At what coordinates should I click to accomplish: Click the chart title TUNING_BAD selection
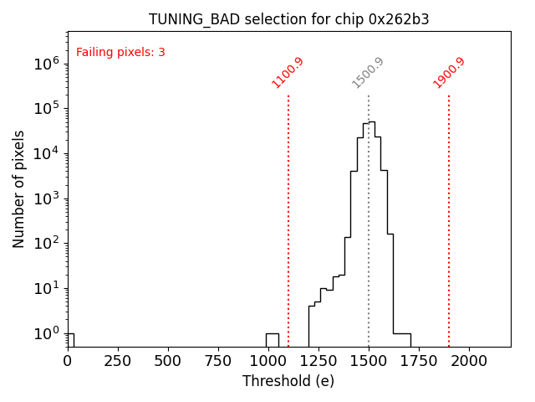click(x=288, y=19)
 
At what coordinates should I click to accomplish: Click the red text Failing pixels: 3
click(x=120, y=53)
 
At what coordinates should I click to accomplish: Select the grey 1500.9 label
click(x=368, y=72)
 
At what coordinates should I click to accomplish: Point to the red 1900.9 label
click(x=449, y=72)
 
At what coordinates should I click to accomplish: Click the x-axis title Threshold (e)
click(x=288, y=381)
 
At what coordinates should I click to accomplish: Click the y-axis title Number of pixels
click(x=19, y=188)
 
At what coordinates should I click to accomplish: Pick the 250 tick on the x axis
click(x=118, y=360)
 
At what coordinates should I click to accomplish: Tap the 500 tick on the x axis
click(x=168, y=360)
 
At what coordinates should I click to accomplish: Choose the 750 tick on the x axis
click(x=218, y=360)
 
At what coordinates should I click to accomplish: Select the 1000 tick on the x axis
click(x=268, y=360)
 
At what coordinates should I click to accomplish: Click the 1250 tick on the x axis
click(x=318, y=360)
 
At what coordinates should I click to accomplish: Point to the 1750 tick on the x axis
click(x=419, y=360)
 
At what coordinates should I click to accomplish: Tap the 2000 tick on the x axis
click(x=469, y=360)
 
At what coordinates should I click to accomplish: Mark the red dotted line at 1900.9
click(x=449, y=218)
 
